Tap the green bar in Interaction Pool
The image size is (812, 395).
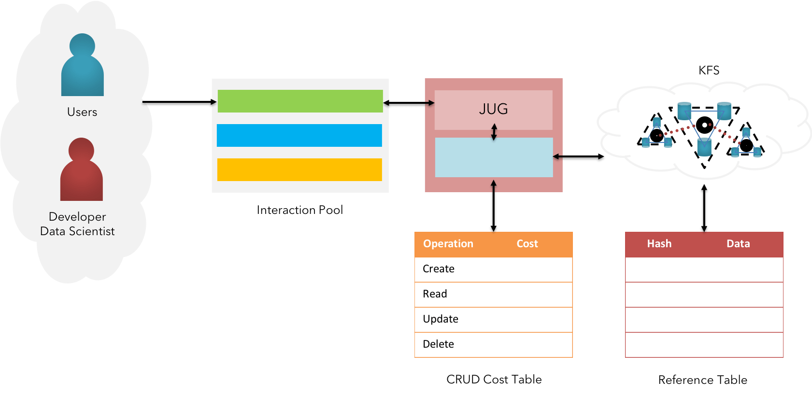pos(300,101)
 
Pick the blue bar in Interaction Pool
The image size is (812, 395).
pos(299,135)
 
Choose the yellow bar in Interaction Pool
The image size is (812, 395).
pos(299,169)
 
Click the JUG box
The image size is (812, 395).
pos(493,109)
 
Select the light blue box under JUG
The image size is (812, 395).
pos(494,157)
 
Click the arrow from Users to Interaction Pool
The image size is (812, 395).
pos(179,103)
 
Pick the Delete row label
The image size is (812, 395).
pos(439,344)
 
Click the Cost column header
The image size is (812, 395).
pos(527,244)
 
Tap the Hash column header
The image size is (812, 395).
pos(659,244)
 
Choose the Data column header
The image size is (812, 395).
pos(738,244)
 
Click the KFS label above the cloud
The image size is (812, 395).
pos(709,71)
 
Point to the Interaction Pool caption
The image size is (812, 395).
pos(299,210)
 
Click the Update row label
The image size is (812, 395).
pos(441,319)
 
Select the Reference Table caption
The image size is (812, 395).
pos(702,380)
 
